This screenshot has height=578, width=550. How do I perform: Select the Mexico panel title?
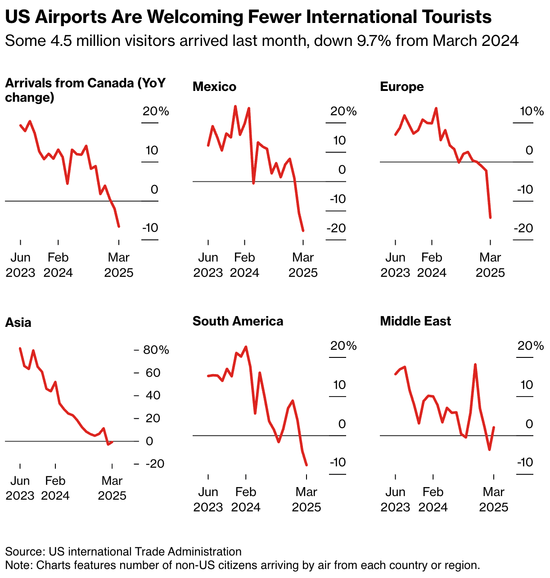[x=214, y=86]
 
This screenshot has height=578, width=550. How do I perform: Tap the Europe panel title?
[x=402, y=86]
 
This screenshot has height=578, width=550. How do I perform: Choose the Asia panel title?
[x=18, y=322]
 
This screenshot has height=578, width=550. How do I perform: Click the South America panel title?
[x=238, y=321]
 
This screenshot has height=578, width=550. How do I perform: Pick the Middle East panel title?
[x=415, y=321]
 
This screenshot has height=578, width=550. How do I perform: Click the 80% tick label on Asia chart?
[x=156, y=350]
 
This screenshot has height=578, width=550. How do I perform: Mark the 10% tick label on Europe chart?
[x=532, y=111]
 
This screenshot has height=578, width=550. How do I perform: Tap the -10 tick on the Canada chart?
[x=150, y=228]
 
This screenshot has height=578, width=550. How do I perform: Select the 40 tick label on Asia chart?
[x=153, y=395]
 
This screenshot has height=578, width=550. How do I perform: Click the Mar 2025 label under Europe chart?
[x=490, y=265]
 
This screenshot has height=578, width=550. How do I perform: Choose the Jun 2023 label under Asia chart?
[x=20, y=488]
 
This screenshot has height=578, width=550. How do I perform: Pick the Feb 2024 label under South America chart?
[x=246, y=499]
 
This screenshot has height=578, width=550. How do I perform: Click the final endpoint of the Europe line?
[x=490, y=217]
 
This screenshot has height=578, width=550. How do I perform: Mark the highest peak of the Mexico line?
[x=235, y=107]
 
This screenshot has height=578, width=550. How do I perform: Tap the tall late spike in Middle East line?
[x=475, y=365]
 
